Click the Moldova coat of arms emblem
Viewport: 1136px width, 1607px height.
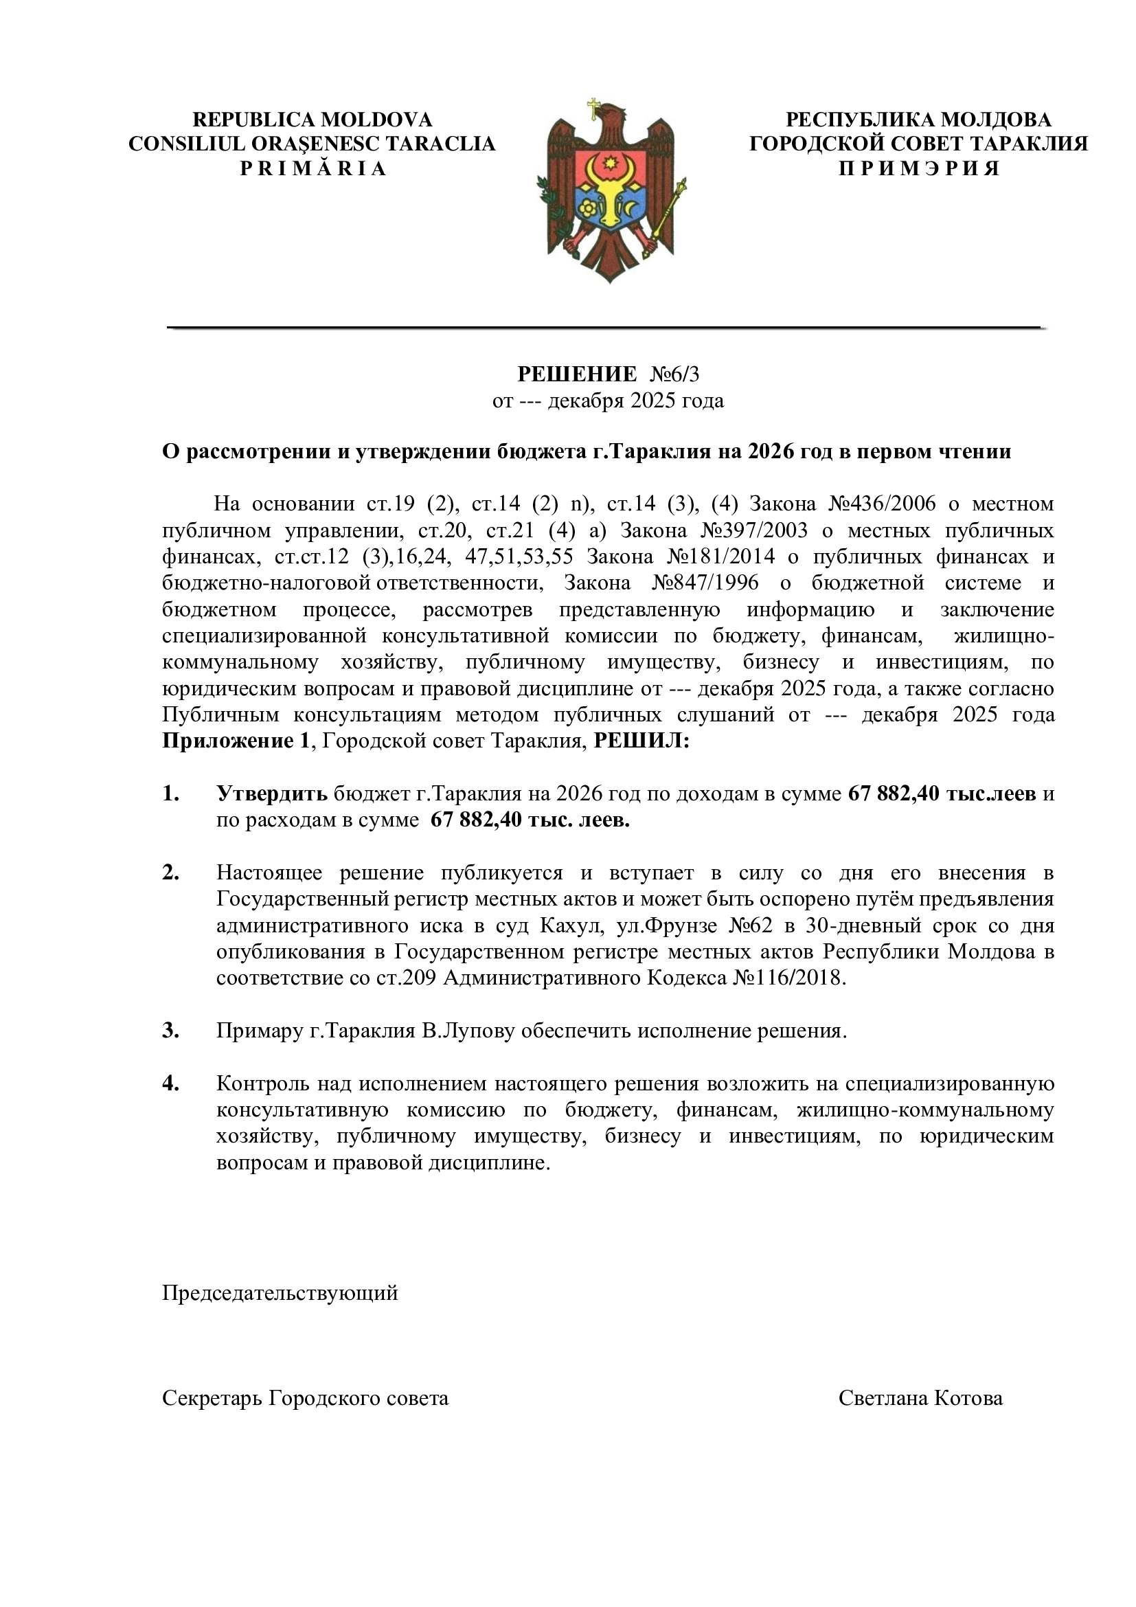(x=611, y=190)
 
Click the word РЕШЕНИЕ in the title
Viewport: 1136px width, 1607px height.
(x=576, y=374)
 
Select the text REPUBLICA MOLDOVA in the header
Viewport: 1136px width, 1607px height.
(x=312, y=120)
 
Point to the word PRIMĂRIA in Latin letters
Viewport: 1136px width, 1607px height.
(x=313, y=169)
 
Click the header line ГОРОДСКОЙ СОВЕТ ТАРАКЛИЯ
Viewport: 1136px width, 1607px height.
(x=918, y=144)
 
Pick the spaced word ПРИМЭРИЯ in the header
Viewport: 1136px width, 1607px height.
(x=918, y=169)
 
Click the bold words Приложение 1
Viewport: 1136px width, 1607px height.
(x=235, y=741)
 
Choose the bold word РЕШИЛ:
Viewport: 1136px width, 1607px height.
(x=641, y=741)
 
